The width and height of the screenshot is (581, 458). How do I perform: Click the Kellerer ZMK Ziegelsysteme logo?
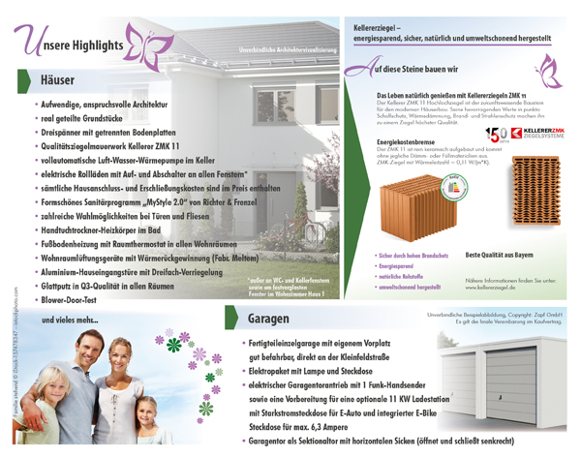546,136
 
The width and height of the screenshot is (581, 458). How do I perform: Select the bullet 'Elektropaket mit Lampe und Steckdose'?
309,370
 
